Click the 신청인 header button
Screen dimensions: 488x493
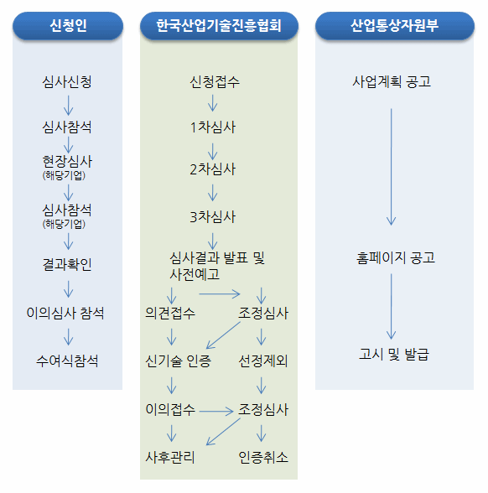68,26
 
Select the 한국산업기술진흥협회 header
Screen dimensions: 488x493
219,26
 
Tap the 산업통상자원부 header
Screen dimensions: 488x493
395,26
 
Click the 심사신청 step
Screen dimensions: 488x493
67,82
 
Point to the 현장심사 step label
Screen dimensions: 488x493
67,162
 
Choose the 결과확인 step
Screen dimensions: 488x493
67,264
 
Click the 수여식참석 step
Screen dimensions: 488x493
67,361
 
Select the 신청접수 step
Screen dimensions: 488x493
215,82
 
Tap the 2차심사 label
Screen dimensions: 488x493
213,169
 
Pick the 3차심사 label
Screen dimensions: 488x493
213,217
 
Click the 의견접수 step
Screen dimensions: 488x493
170,313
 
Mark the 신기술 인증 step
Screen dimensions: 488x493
178,361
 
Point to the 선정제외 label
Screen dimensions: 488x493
263,361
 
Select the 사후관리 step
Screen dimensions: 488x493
170,457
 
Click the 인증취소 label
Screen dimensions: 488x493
263,457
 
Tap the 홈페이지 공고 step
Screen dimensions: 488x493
396,257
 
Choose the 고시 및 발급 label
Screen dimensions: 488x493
394,354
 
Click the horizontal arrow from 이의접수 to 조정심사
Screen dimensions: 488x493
216,411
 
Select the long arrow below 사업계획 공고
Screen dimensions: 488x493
391,167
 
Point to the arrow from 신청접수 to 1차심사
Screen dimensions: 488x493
213,103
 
